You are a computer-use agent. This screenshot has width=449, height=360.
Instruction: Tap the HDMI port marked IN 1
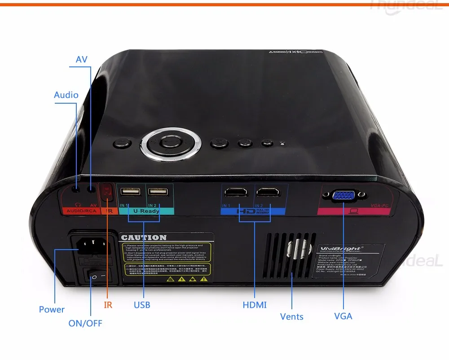[236, 193]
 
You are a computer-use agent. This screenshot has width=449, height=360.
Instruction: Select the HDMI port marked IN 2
[268, 193]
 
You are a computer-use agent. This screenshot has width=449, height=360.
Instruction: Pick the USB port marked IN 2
[158, 192]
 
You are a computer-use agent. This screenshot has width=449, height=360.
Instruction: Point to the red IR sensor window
[106, 192]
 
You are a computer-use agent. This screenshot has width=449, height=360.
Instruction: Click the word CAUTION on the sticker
[144, 237]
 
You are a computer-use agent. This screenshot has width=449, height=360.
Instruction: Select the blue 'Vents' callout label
[291, 316]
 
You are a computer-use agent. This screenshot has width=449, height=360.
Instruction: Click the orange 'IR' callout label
[108, 305]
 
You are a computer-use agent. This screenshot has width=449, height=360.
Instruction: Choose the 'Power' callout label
[52, 309]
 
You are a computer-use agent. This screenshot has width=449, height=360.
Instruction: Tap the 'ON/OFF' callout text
[88, 323]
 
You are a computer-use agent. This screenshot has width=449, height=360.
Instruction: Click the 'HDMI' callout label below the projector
[255, 305]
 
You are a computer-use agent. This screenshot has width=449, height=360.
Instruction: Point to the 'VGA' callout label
[343, 316]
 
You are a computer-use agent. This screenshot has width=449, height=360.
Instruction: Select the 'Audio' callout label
[66, 95]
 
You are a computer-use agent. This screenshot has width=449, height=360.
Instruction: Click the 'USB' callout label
[142, 305]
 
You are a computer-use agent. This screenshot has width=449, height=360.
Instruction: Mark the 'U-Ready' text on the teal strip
[146, 211]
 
